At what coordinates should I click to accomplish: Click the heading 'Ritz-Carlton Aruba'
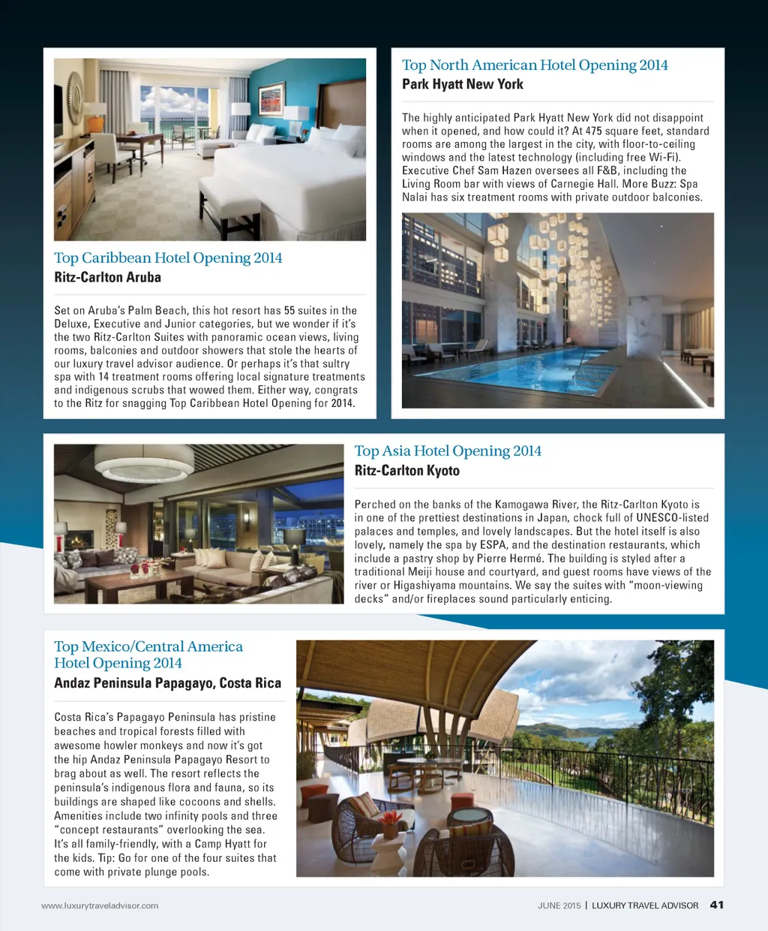tap(107, 277)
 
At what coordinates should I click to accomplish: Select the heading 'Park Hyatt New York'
tap(462, 84)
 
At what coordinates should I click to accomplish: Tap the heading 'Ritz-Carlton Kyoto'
tap(406, 471)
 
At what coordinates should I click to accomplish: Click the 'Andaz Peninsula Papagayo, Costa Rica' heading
tap(167, 683)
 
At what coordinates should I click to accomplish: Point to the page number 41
tap(716, 905)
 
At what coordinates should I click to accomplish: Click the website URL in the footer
tap(100, 905)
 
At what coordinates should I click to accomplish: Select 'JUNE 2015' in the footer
tap(559, 905)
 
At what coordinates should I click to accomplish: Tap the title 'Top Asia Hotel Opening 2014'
tap(448, 450)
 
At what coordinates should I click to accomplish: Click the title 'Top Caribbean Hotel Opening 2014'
tap(168, 258)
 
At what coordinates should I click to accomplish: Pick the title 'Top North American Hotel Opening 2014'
tap(535, 65)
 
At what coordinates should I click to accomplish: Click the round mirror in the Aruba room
tap(75, 98)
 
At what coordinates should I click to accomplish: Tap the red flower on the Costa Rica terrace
tap(391, 818)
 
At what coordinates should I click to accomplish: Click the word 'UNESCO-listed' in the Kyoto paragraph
tap(672, 518)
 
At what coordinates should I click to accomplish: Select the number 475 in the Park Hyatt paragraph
tap(594, 131)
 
